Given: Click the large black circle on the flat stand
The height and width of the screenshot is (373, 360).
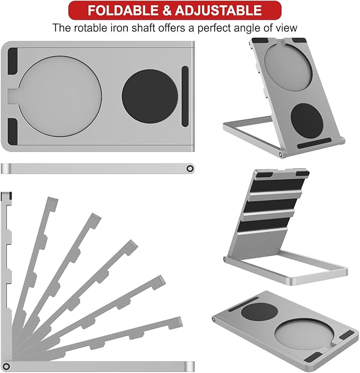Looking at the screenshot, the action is click(x=150, y=97).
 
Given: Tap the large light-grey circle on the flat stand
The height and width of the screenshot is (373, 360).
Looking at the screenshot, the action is click(x=60, y=97).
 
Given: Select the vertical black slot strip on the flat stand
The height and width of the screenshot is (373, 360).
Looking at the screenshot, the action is click(x=185, y=97).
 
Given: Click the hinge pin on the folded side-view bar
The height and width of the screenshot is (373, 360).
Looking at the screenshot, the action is click(x=190, y=169).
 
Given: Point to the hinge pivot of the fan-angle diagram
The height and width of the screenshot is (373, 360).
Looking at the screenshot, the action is click(x=6, y=366).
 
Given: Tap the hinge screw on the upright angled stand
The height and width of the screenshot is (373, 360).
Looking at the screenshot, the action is click(x=280, y=155).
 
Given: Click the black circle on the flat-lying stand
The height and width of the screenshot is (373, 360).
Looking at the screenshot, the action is click(x=259, y=311).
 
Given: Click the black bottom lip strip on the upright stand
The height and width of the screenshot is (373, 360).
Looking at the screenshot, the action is click(x=314, y=143).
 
